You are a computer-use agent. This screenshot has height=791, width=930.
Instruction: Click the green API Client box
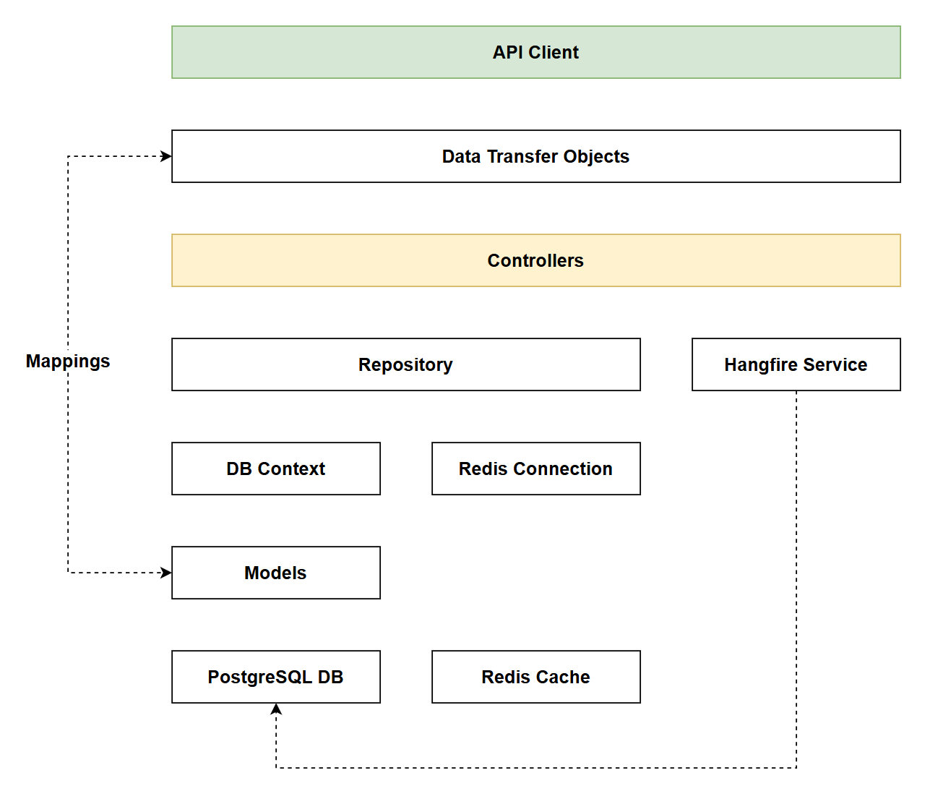(535, 52)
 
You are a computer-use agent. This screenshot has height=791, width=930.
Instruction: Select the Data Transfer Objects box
(535, 156)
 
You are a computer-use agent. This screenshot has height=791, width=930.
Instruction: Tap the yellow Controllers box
(535, 260)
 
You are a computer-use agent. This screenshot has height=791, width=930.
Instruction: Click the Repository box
(405, 364)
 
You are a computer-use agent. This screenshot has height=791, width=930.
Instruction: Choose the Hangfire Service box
(796, 364)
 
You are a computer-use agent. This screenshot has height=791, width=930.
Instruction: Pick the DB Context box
(275, 469)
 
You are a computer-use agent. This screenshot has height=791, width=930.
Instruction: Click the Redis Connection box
(535, 469)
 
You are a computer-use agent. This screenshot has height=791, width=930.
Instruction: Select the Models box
(275, 573)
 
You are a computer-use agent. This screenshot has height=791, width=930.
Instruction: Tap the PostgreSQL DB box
(275, 677)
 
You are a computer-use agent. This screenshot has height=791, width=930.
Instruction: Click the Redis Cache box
(535, 677)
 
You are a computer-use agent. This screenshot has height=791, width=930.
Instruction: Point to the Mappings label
(68, 361)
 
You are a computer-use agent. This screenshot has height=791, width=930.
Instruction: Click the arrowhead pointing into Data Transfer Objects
(166, 156)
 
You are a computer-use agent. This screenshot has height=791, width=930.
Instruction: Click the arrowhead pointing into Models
(166, 573)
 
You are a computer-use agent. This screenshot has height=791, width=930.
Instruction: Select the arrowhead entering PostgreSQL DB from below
(276, 709)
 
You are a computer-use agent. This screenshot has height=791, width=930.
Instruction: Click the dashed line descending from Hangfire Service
(796, 578)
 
